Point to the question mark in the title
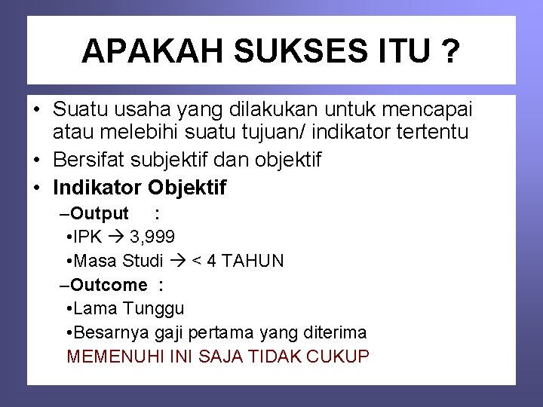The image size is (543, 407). [x=450, y=51]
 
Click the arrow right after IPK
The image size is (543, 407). [x=116, y=237]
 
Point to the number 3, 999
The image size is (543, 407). [x=152, y=237]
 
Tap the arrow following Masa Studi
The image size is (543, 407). [x=178, y=262]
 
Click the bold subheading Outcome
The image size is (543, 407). [x=109, y=285]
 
